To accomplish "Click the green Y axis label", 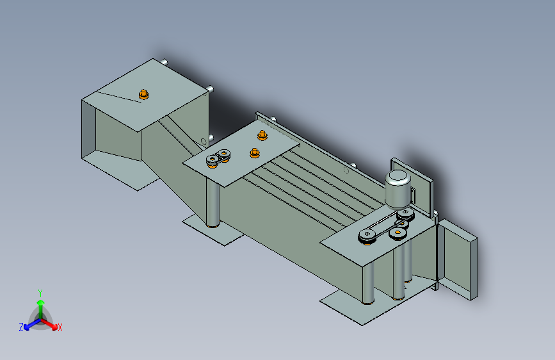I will click(x=40, y=292).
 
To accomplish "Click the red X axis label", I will click(x=60, y=327).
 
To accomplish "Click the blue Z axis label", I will click(x=21, y=327).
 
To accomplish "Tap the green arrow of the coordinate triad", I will click(x=40, y=304).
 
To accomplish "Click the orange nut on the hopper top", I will click(x=143, y=95).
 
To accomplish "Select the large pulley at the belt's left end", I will click(x=367, y=236).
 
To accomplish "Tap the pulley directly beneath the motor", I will click(x=405, y=215).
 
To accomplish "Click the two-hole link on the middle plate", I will click(x=219, y=158).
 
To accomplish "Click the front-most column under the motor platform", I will click(x=369, y=282).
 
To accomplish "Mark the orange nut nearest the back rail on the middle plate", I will click(x=262, y=135).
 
